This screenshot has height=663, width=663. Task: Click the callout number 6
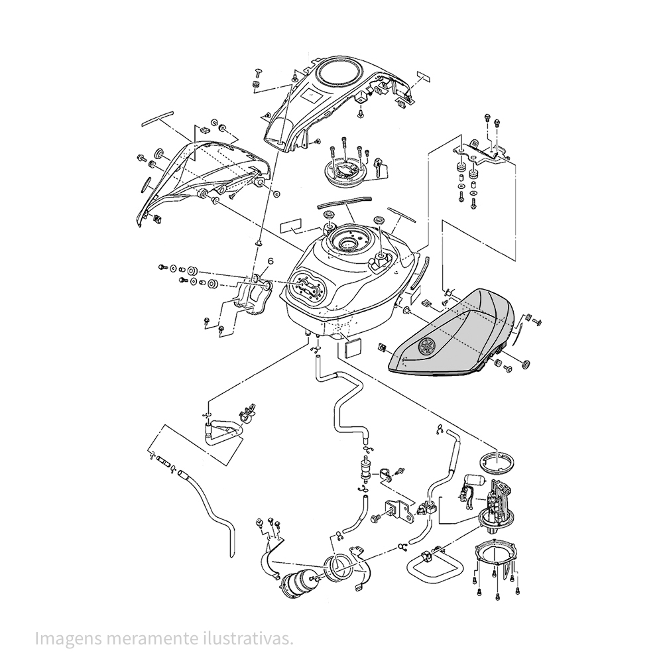(x=269, y=261)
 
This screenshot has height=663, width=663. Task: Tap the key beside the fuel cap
(x=379, y=166)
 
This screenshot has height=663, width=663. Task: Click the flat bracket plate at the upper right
(x=487, y=152)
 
